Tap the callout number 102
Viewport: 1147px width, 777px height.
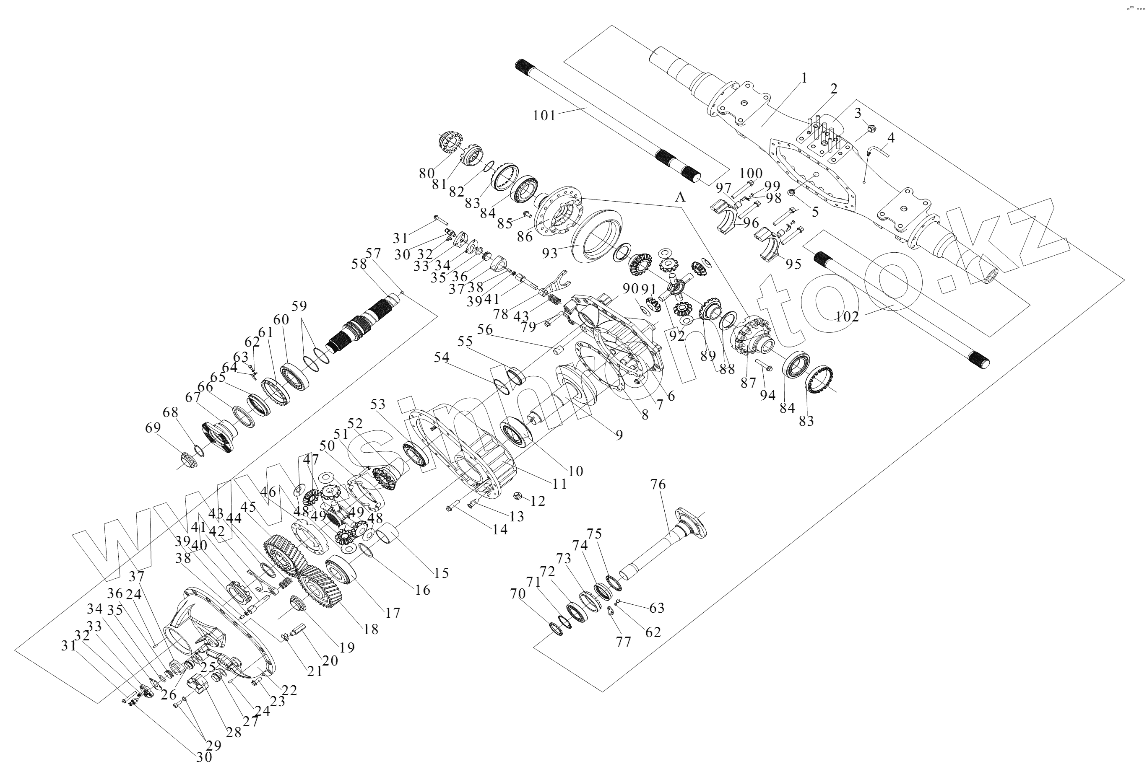click(x=848, y=316)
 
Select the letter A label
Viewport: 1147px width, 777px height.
click(x=680, y=197)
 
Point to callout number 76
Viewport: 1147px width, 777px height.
click(x=658, y=485)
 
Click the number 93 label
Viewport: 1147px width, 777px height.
click(x=549, y=253)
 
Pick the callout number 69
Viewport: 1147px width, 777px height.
click(x=153, y=428)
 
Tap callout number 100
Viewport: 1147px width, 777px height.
click(x=751, y=174)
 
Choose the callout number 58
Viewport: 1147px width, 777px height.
click(x=359, y=264)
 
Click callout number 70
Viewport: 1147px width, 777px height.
click(x=518, y=594)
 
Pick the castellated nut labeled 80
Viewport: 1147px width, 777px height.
click(x=450, y=142)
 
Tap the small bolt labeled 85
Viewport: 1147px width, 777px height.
click(x=527, y=214)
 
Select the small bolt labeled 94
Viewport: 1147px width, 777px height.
click(x=764, y=365)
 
